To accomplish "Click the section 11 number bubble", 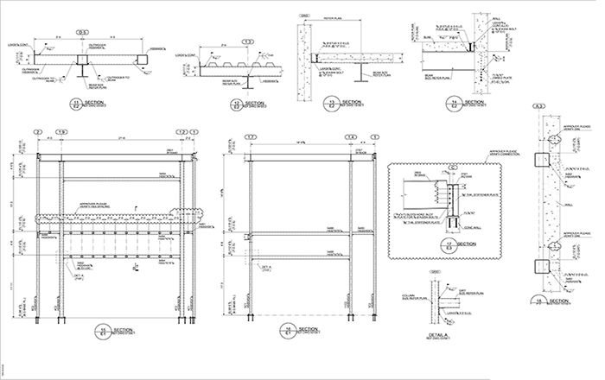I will [78, 104].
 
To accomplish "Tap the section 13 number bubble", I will [331, 104].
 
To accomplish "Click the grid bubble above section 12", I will [247, 41].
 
